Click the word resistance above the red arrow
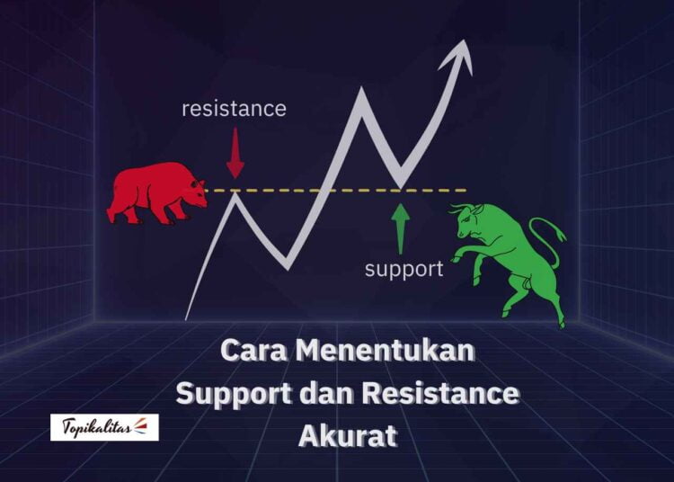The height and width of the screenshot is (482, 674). [x=234, y=109]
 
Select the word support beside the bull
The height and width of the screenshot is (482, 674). [x=404, y=268]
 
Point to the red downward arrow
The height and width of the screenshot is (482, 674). [x=235, y=153]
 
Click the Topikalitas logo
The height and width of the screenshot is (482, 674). [x=104, y=427]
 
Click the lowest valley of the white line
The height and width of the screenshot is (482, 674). [x=288, y=266]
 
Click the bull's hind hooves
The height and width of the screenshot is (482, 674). [x=558, y=317]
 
